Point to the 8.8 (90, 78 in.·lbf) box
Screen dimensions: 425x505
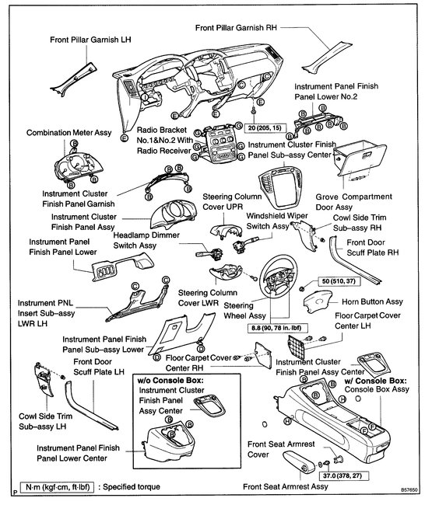pos(277,328)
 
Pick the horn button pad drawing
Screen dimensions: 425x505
pos(318,301)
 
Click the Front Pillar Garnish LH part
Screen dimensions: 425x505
pos(74,80)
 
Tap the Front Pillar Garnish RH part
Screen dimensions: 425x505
pos(326,57)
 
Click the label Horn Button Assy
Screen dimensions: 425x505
pos(372,301)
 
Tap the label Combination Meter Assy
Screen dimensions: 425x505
pos(68,133)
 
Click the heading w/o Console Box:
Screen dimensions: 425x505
pos(170,381)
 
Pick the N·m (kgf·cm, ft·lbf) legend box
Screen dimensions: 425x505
pos(57,486)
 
